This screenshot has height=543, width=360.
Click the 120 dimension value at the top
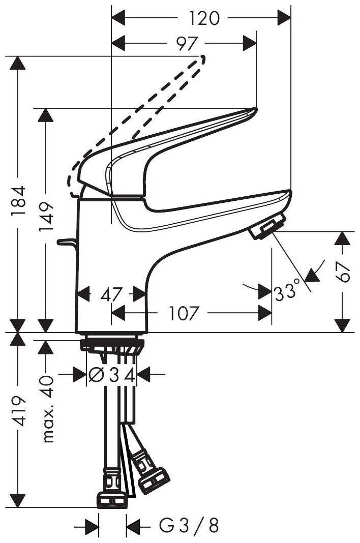[201, 19]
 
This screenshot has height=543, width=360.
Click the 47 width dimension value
[111, 294]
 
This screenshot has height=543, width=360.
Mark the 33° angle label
[285, 292]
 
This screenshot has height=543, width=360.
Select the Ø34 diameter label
[111, 375]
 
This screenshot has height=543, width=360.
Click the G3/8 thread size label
[189, 526]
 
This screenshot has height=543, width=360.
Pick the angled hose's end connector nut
[154, 481]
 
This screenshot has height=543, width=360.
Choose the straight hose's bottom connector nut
[111, 499]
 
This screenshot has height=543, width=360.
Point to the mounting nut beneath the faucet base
[111, 344]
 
